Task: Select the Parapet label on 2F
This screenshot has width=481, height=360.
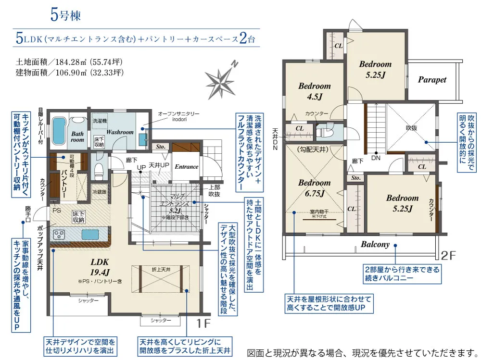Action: click(431, 80)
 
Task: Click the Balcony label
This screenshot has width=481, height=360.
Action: click(375, 244)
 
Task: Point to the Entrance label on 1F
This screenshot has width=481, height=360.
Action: click(186, 167)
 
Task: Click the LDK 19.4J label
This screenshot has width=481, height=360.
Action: click(100, 267)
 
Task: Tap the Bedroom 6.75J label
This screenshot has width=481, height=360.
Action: click(314, 188)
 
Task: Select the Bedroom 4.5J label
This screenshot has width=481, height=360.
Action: click(315, 91)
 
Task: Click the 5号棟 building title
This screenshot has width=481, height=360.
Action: click(65, 14)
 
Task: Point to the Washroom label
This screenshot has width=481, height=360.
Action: click(120, 132)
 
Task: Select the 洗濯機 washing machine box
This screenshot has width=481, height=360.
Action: click(100, 120)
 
